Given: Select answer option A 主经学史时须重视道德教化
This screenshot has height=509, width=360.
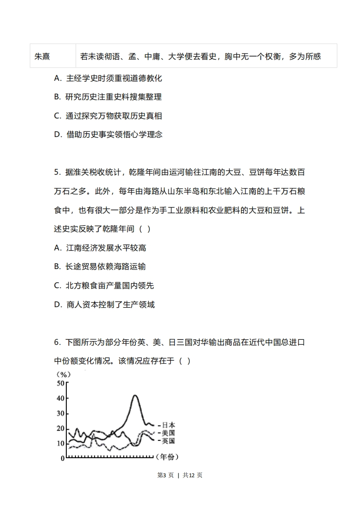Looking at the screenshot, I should [x=108, y=78].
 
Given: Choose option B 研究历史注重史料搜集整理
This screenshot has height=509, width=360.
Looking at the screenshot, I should [x=108, y=97].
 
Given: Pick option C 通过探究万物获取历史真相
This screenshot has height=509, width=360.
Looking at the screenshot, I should [x=108, y=116].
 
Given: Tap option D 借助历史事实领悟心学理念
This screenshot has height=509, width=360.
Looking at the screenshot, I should [x=108, y=134].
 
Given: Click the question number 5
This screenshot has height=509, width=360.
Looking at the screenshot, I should [x=57, y=172].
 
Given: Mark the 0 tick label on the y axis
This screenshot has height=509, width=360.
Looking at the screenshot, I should [x=63, y=458].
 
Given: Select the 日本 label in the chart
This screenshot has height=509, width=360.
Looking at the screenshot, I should [x=168, y=425].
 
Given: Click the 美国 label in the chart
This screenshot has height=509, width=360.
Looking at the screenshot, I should [x=168, y=433].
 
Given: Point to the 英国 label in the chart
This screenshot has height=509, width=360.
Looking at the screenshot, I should [x=168, y=440].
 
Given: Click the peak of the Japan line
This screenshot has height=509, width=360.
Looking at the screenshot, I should [x=135, y=396].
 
